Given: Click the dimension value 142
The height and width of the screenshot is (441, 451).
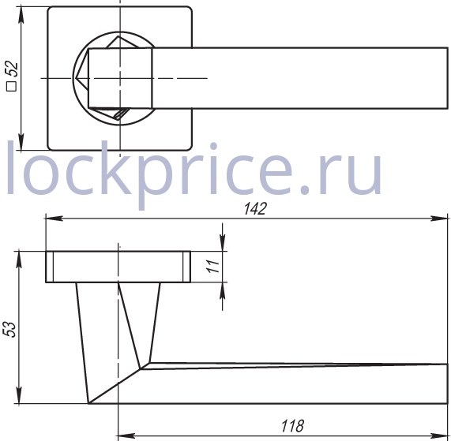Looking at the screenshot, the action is pyautogui.click(x=255, y=208).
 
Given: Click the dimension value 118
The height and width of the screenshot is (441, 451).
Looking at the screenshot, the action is pyautogui.click(x=292, y=426).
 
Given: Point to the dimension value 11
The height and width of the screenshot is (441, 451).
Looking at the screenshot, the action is pyautogui.click(x=213, y=266).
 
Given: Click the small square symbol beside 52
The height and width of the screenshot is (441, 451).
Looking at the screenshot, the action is pyautogui.click(x=12, y=87).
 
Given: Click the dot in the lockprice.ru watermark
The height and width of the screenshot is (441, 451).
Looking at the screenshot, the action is pyautogui.click(x=306, y=189).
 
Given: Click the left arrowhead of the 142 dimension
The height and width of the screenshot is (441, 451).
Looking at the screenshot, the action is pyautogui.click(x=54, y=219).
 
